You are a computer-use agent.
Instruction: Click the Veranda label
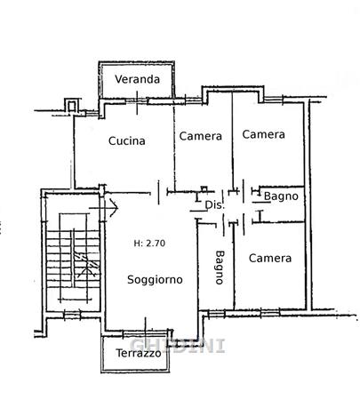coord(137,79)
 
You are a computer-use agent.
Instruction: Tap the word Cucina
coord(127,140)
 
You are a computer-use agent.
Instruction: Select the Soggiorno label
coord(155,280)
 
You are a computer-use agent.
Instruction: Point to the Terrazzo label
coord(139,353)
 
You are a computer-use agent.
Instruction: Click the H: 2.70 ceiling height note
coord(149,244)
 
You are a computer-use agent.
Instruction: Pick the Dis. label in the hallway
coord(215,205)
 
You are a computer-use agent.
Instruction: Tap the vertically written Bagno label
coord(220,268)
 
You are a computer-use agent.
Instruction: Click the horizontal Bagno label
coord(281,196)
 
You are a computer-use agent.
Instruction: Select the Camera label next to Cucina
coord(201,136)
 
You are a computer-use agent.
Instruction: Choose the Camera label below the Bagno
coord(270,258)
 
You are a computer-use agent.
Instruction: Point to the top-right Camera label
coord(263,134)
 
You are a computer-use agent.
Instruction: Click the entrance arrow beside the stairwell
coord(104,208)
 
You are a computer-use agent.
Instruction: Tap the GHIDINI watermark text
coord(177,346)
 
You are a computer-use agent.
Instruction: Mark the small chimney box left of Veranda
coord(71,106)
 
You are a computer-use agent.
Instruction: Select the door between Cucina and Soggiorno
coord(159,192)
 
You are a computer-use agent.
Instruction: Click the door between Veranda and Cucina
coord(137,102)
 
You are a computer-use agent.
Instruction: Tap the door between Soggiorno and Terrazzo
coord(145,332)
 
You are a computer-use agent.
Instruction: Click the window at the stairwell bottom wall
coord(72,315)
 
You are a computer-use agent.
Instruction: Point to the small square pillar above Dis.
coord(204,189)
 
